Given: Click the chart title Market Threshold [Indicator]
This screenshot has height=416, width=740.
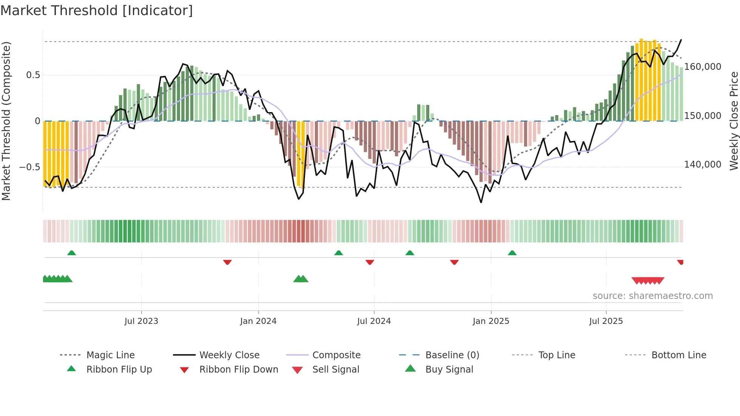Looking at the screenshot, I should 97,11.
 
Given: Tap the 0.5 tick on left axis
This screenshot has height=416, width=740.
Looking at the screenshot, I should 33,75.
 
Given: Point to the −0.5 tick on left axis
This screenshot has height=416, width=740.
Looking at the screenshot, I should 30,167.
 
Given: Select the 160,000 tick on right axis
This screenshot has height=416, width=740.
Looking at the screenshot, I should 703,67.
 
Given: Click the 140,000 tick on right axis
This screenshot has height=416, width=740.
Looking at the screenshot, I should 703,165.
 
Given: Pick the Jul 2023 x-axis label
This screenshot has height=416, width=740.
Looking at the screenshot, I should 141,321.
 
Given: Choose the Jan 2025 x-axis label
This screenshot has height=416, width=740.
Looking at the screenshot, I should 491,321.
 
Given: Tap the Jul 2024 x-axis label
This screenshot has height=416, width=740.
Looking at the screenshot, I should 374,321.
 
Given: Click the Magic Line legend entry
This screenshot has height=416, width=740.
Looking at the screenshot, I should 110,355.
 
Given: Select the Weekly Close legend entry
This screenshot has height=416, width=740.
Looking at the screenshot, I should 229,355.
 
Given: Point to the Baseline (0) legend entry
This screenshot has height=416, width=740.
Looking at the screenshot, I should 452,355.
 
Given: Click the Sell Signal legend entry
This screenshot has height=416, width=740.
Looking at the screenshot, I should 336,370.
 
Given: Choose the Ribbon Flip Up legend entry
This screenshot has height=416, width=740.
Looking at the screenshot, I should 119,370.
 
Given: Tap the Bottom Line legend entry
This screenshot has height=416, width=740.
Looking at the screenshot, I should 678,355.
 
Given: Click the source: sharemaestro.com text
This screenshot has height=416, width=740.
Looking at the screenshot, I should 652,296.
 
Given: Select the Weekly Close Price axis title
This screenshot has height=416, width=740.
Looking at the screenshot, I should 734,121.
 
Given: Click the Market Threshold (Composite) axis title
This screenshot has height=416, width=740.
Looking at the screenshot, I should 6,121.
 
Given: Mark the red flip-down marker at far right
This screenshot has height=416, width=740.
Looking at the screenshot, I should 680,262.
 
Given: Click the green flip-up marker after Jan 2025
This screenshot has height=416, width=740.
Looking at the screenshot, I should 512,253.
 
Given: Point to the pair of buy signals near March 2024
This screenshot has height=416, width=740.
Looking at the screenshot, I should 301,279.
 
